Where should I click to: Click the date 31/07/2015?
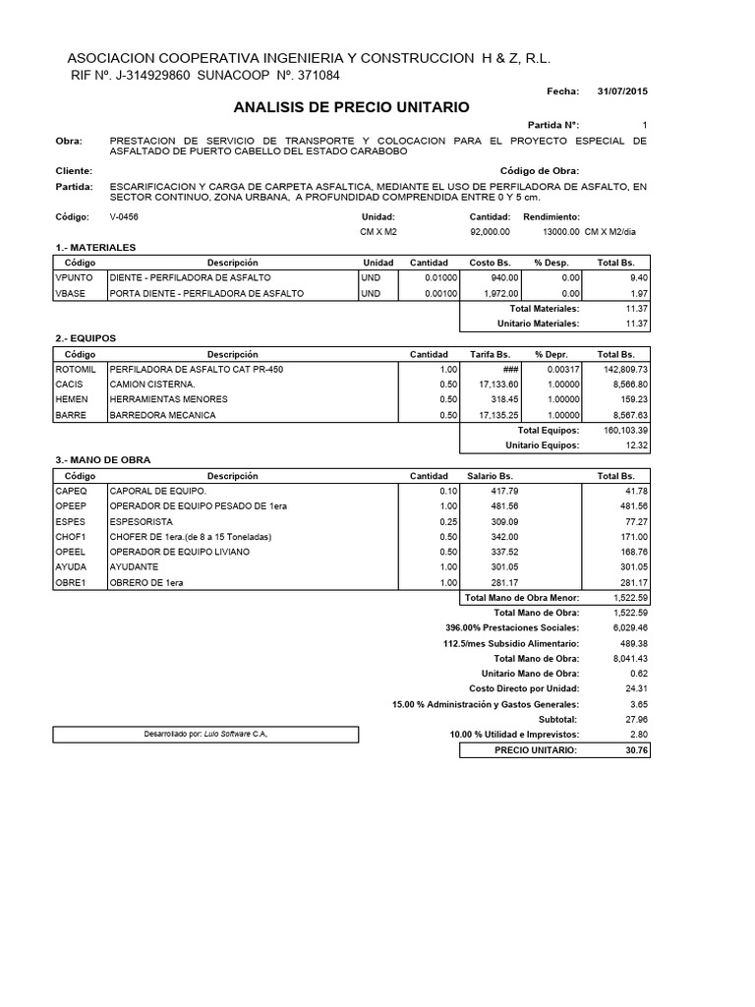(622, 90)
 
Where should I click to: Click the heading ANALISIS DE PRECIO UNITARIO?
(352, 106)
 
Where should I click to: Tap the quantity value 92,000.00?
(491, 232)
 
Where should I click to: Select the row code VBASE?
(71, 293)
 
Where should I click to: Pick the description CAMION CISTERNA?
(152, 384)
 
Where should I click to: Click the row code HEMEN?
(72, 399)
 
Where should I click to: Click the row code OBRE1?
(71, 583)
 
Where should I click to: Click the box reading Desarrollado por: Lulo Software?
(205, 735)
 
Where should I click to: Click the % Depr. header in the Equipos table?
(551, 354)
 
